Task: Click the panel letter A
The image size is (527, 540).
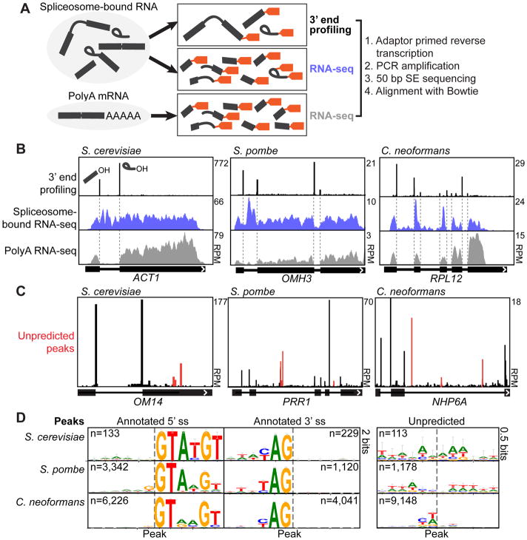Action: tap(8, 8)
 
